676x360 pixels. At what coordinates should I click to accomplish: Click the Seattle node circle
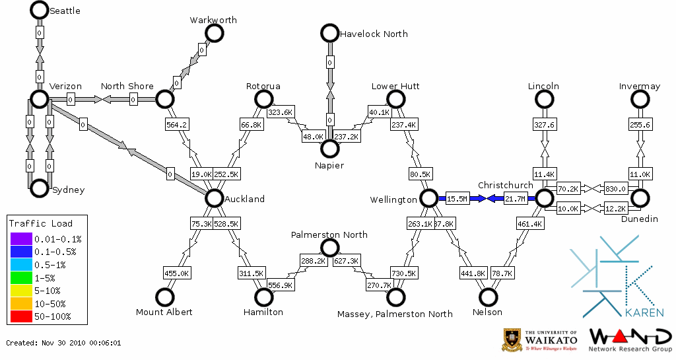[40, 10]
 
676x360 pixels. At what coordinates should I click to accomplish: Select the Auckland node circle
[214, 198]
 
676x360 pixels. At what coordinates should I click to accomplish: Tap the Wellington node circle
[428, 198]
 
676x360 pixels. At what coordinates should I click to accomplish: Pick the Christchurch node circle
[544, 198]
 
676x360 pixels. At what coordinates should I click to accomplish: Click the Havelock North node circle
[329, 32]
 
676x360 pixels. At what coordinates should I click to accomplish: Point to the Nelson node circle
[488, 297]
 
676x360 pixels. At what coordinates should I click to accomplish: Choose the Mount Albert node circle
[164, 297]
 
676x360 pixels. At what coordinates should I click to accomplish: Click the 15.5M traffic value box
[457, 198]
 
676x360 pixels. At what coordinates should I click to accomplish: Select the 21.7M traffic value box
[516, 198]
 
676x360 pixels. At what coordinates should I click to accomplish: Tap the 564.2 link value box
[177, 124]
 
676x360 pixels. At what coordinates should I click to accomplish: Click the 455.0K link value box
[177, 273]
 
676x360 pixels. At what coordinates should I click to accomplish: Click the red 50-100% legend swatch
[21, 316]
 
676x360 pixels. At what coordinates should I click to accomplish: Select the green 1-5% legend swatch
[21, 278]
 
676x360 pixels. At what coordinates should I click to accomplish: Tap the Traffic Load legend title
[41, 223]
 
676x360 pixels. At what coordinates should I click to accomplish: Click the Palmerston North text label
[329, 234]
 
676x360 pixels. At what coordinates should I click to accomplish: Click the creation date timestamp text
[63, 343]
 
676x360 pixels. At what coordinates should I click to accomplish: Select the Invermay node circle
[640, 99]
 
